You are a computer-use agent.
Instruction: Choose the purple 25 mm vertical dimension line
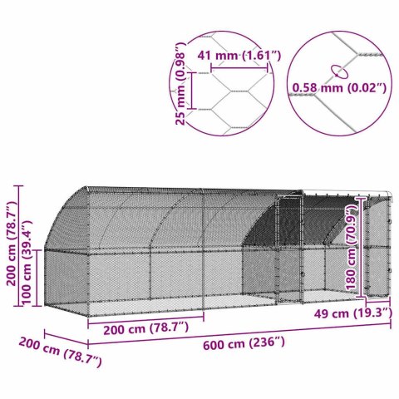(x=192, y=89)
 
